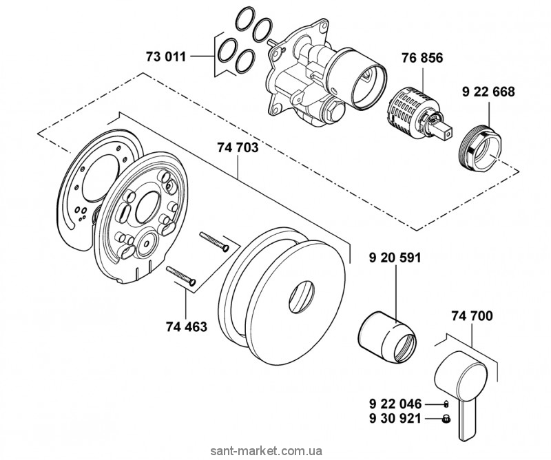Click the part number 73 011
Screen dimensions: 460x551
pos(166,56)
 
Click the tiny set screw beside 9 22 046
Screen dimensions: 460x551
pos(446,404)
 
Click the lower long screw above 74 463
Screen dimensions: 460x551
pos(182,275)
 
